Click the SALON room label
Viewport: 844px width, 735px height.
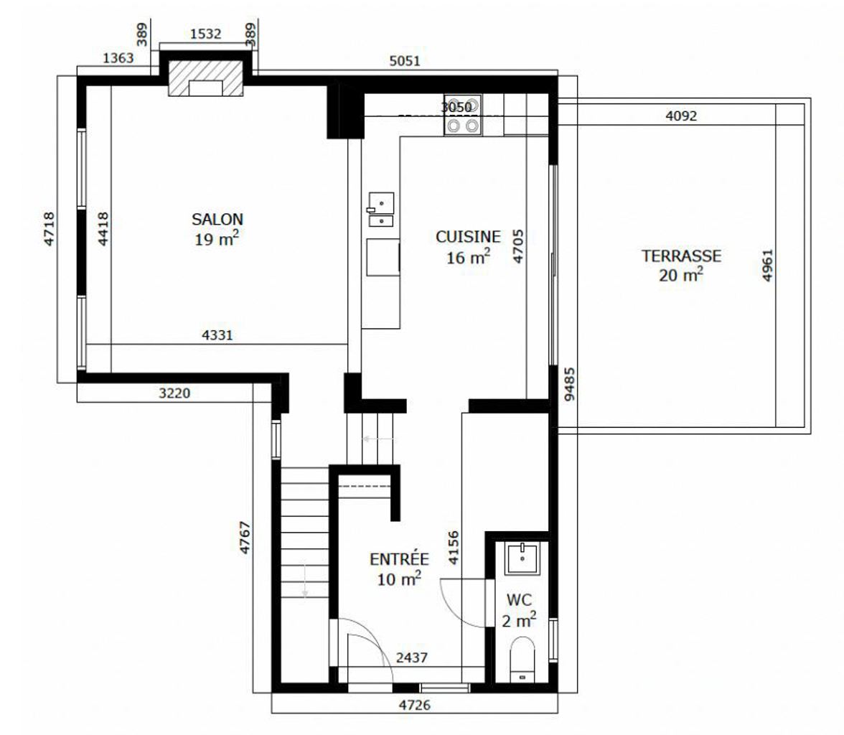point(217,219)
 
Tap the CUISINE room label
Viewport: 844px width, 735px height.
point(468,236)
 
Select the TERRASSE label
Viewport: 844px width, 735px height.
point(681,256)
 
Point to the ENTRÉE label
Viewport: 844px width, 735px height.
point(399,559)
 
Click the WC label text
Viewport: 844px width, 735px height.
point(519,600)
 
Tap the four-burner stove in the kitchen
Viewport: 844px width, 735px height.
point(463,116)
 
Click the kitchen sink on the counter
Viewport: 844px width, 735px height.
point(381,210)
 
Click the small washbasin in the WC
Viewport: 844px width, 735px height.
point(522,558)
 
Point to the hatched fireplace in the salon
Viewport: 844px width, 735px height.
point(205,78)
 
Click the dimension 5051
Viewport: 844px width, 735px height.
point(405,61)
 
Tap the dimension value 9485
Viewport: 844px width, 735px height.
point(570,385)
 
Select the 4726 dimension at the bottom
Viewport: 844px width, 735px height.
point(415,705)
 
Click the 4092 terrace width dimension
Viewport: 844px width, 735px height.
point(681,116)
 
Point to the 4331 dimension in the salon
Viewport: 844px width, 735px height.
point(217,335)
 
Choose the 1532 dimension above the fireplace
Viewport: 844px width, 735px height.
point(205,34)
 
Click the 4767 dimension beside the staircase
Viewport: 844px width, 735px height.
point(245,538)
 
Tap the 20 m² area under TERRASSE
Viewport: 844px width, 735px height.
point(681,275)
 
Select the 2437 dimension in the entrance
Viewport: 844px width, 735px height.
point(412,657)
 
